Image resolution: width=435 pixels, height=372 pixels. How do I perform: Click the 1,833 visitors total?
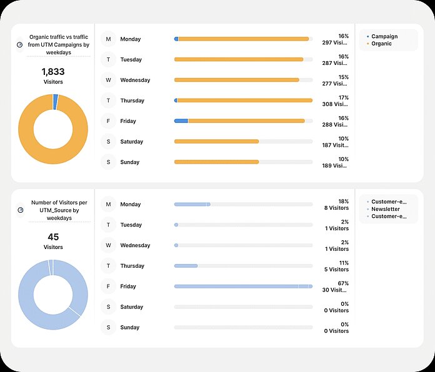pos(53,72)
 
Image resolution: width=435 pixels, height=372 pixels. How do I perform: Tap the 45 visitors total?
pos(53,238)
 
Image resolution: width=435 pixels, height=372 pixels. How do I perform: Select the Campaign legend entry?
pos(384,37)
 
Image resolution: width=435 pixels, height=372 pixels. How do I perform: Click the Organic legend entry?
pos(381,44)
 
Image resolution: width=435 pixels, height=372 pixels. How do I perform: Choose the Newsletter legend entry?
pos(386,209)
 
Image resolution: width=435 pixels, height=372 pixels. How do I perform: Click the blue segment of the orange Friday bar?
pos(181,121)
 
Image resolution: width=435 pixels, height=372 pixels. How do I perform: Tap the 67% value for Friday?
pos(343,283)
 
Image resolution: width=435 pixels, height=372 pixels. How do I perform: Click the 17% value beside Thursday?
pos(343,98)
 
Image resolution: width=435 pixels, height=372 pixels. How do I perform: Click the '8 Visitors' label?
pos(336,208)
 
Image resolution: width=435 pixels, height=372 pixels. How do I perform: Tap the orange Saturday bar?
pos(216,142)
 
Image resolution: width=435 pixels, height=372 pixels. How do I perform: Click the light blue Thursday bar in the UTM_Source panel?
pos(186,266)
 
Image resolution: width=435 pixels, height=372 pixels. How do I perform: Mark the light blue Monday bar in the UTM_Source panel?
pos(192,204)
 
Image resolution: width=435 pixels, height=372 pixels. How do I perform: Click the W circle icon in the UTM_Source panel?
pos(109,245)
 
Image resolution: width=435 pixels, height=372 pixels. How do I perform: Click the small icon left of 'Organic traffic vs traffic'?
pos(20,45)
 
